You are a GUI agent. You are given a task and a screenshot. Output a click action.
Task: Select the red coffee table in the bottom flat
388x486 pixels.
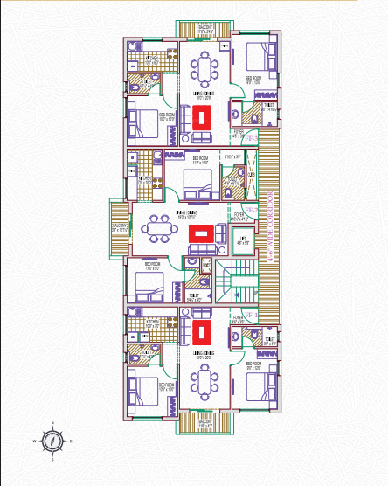coord(203,333)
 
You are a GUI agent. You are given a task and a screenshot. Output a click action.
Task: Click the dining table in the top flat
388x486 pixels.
coord(204,66)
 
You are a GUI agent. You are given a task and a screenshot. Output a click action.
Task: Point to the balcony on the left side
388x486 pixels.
coord(118,230)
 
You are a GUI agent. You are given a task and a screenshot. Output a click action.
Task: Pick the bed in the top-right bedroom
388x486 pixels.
coord(257,57)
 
